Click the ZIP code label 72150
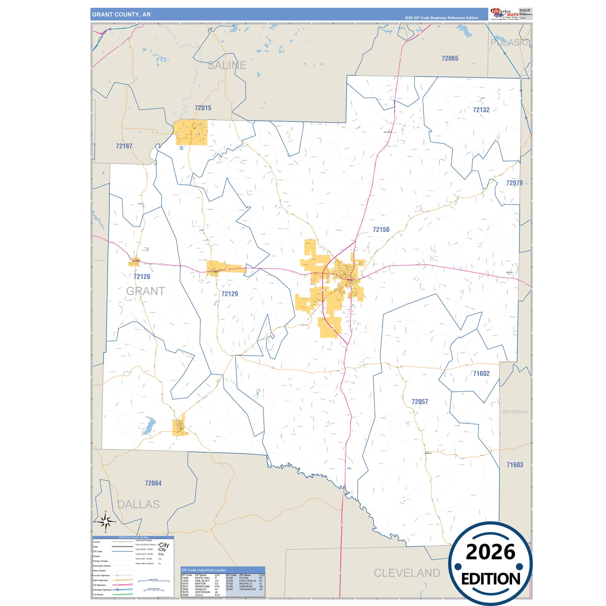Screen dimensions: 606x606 (381, 229)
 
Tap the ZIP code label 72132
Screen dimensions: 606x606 (481, 110)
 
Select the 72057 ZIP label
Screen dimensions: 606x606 (419, 402)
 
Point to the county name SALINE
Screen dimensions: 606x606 (227, 65)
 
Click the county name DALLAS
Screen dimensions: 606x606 (138, 505)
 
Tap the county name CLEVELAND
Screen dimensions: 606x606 (407, 573)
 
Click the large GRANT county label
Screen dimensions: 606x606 (146, 291)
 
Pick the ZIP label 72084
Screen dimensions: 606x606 (153, 483)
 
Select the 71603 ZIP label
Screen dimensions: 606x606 (515, 465)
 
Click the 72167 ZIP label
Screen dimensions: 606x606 (124, 146)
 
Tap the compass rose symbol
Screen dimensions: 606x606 (106, 521)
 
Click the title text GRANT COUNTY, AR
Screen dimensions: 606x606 (121, 15)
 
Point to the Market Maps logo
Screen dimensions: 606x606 (505, 14)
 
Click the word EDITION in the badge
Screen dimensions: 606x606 (490, 579)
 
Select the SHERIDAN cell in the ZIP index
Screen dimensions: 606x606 (246, 586)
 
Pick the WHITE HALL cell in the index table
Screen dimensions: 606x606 (202, 578)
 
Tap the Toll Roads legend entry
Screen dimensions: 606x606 (98, 595)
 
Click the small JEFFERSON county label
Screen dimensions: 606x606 (515, 412)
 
